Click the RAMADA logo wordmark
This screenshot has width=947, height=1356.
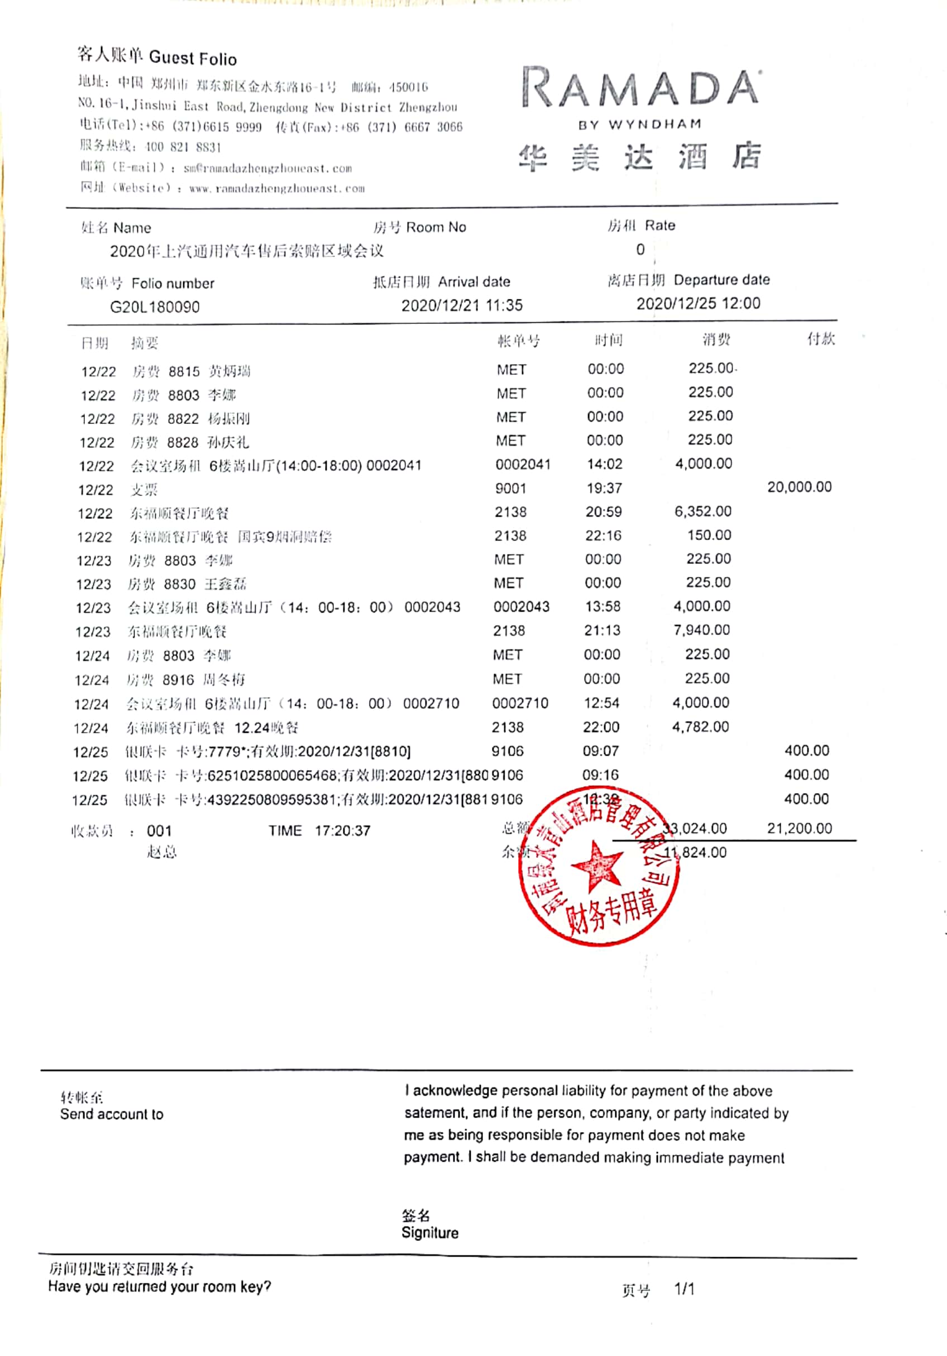640,89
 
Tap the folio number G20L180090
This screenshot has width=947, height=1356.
155,307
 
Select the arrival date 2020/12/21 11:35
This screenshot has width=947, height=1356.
462,305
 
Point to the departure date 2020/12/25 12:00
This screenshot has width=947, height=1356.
698,304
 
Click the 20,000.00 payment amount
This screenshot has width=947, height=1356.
799,487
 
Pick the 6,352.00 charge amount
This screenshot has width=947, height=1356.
702,512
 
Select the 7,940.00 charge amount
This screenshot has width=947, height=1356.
701,630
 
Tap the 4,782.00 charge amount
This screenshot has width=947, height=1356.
700,727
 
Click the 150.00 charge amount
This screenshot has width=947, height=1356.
709,535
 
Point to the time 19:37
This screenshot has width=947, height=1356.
604,488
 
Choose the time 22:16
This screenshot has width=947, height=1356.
604,536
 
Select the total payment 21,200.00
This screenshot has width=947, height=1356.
799,828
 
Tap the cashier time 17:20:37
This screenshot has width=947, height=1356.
342,831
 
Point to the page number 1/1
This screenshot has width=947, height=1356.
684,1288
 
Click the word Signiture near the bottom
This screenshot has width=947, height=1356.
430,1233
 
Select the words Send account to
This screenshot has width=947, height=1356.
112,1114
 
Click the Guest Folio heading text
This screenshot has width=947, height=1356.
193,58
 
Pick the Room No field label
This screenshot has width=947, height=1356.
436,227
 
